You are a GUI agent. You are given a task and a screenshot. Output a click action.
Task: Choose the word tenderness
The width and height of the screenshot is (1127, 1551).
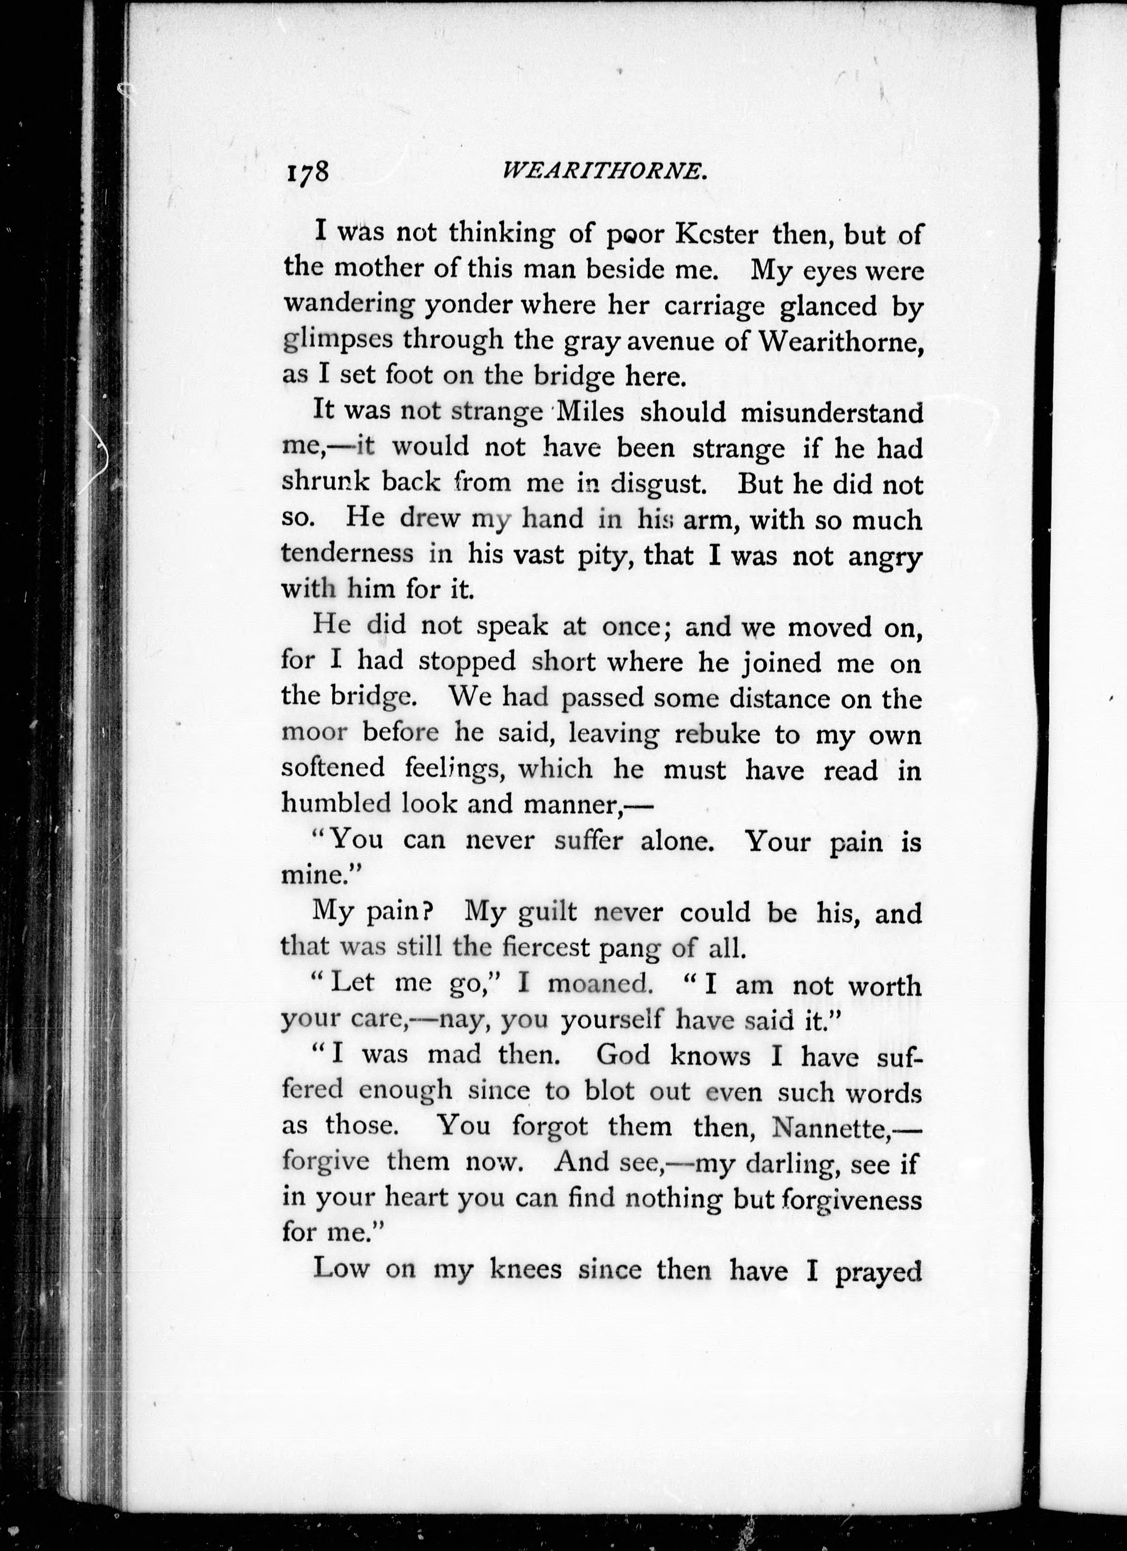tap(347, 553)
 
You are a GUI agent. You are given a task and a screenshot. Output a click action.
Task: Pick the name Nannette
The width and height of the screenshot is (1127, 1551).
tap(829, 1126)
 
